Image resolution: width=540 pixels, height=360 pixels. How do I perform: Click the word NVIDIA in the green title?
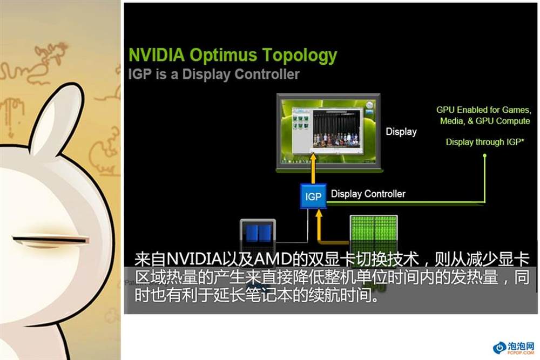coord(157,55)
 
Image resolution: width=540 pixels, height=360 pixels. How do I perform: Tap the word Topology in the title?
coord(300,56)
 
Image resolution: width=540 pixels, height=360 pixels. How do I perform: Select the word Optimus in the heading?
coord(223,56)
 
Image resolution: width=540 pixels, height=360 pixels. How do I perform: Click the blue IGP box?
coord(313,196)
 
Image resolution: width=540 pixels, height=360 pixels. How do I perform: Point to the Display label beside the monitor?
coord(401,132)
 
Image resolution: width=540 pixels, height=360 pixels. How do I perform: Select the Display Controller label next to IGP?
coord(368,194)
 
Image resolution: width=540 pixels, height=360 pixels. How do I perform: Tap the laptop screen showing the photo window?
coord(329,131)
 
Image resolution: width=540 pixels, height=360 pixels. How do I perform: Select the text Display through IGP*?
coord(485,142)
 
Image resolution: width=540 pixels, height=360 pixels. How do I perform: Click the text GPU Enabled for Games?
coord(483,110)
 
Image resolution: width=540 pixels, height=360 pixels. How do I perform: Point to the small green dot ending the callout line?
coord(484,155)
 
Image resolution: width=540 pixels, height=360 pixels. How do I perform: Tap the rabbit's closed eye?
coord(50,240)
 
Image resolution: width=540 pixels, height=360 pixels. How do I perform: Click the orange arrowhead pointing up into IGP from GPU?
coord(319,214)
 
